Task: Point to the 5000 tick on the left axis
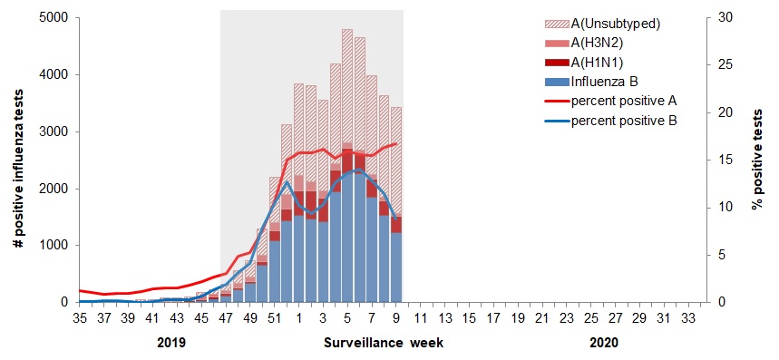pyautogui.click(x=51, y=17)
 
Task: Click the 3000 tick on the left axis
pyautogui.click(x=51, y=131)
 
